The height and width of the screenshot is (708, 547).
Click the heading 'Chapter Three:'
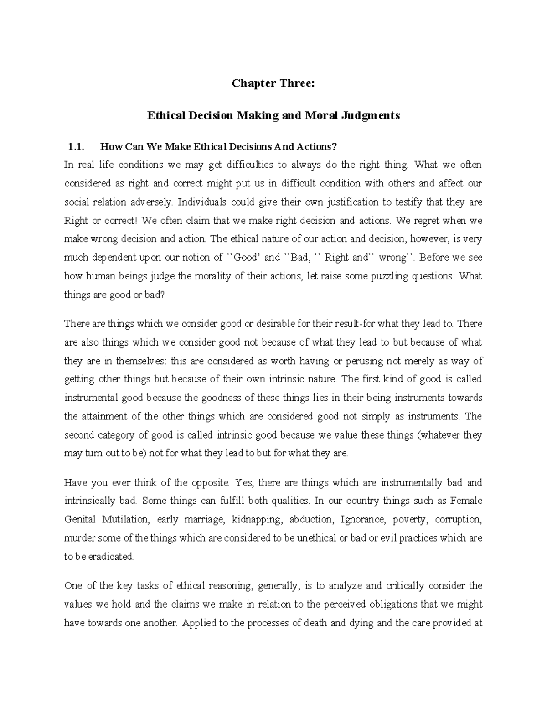click(x=273, y=83)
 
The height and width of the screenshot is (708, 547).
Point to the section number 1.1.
click(x=76, y=147)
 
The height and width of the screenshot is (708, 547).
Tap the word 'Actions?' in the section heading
click(x=316, y=147)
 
